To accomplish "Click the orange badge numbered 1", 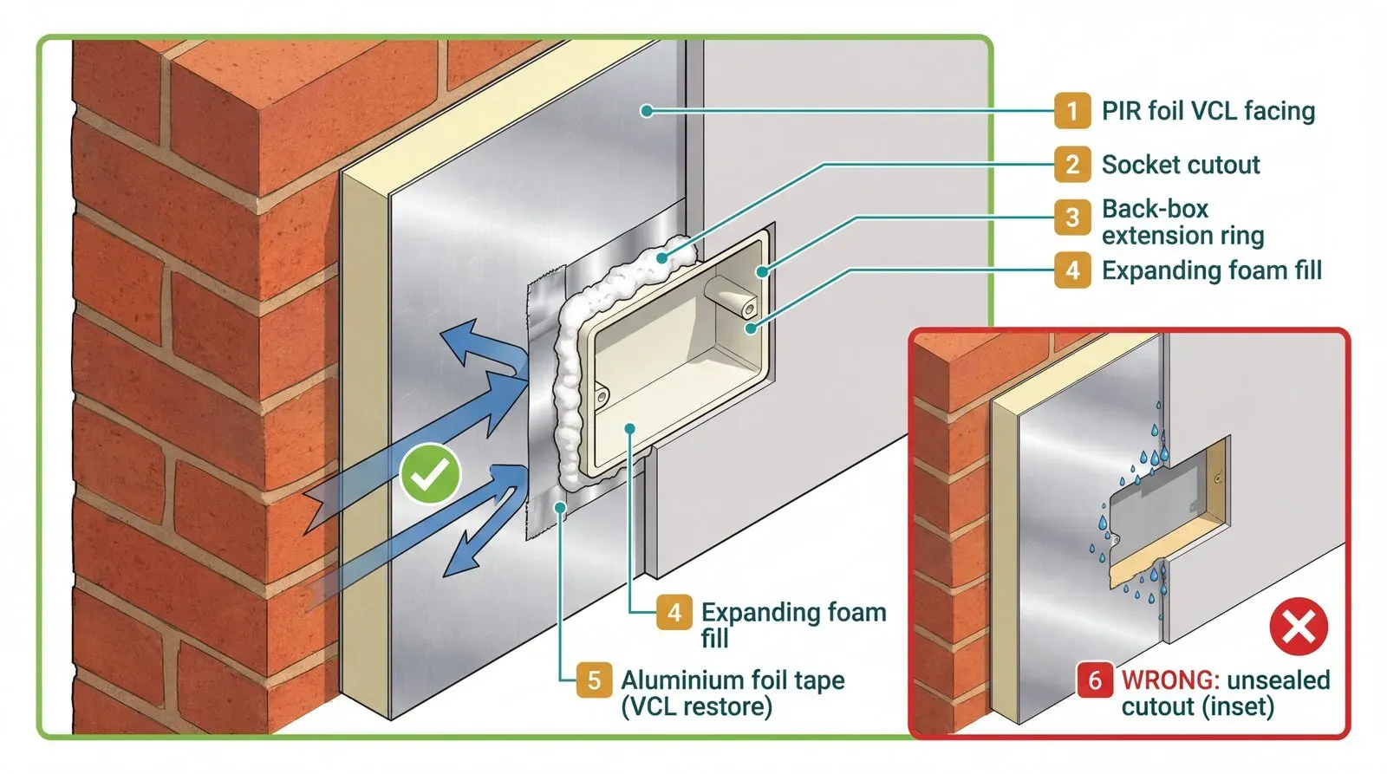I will point(1072,111).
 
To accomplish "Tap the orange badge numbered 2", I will point(1072,165).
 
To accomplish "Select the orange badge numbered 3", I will point(1072,218).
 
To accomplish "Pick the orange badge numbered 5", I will point(594,680).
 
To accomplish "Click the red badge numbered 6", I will point(1095,680).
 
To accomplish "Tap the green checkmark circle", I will point(430,473).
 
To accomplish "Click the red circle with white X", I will point(1299,626).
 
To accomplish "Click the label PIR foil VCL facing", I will point(1208,111).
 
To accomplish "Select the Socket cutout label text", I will point(1180,165).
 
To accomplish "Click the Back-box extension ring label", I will point(1182,222).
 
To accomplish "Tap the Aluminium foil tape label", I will point(733,693).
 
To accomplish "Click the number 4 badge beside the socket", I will point(674,613).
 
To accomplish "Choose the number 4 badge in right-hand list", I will point(1072,270).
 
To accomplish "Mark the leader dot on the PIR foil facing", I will point(646,110).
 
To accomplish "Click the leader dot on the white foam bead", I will point(662,257).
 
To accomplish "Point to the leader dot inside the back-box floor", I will point(630,428).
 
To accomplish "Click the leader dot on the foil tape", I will point(562,508).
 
